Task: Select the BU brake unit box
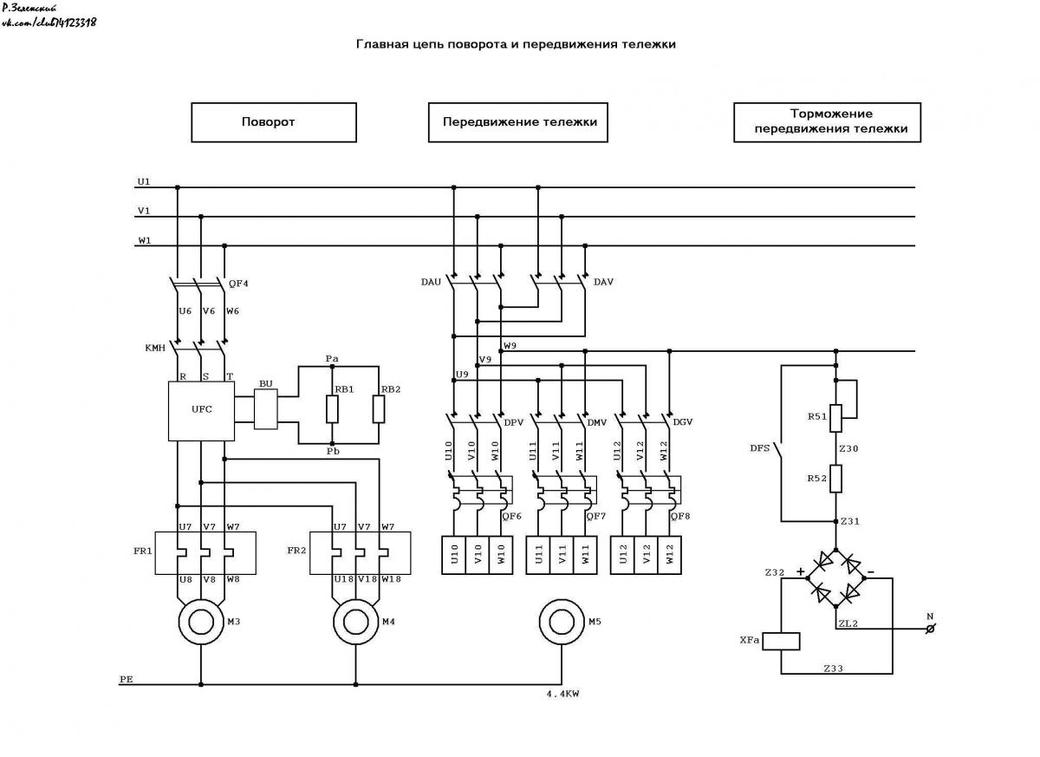(265, 408)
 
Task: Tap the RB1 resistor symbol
(332, 409)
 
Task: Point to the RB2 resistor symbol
(379, 409)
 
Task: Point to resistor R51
(835, 419)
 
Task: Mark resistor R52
(835, 479)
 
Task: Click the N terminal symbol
(931, 629)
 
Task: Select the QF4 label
(238, 284)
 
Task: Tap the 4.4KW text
(562, 694)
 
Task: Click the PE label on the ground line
(127, 679)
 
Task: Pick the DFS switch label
(759, 448)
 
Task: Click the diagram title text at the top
(516, 44)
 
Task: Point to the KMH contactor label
(155, 348)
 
